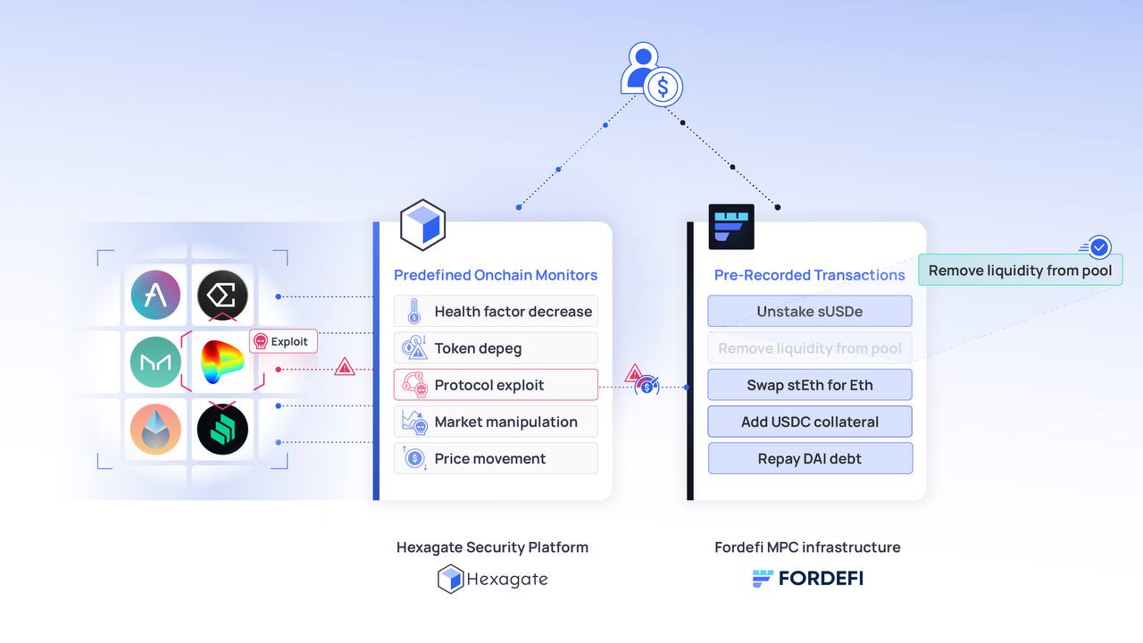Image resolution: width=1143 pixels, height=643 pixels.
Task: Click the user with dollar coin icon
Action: [651, 75]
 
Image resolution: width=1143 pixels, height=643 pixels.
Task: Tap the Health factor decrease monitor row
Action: [496, 312]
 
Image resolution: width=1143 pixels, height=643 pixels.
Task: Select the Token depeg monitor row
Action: [496, 348]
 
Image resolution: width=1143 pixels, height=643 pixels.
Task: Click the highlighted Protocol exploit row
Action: [496, 385]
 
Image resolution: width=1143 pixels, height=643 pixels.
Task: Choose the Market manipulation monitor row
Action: [496, 422]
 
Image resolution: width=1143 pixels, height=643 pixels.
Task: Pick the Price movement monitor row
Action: [496, 458]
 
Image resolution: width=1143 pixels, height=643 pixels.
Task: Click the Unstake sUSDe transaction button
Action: [810, 312]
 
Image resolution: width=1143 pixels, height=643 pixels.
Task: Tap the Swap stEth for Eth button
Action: [810, 385]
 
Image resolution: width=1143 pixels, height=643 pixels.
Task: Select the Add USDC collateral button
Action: [810, 422]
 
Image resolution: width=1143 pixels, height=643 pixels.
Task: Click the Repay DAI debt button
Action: [810, 458]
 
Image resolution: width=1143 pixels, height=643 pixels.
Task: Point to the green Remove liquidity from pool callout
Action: [1020, 271]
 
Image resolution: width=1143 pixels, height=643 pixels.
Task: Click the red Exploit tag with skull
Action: [283, 341]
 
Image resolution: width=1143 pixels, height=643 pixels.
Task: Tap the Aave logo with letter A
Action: [155, 295]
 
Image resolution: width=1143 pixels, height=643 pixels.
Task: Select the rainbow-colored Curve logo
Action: [222, 363]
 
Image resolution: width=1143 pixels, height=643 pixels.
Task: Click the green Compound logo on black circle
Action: [222, 430]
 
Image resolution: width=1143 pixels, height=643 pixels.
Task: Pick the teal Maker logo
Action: [155, 363]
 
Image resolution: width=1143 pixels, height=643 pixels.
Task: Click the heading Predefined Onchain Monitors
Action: [496, 275]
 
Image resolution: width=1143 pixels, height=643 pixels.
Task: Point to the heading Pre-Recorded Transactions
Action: [810, 275]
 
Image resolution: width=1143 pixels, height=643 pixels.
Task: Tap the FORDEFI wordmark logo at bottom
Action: [808, 578]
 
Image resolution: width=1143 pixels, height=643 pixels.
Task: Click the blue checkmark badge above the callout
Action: [1099, 246]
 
